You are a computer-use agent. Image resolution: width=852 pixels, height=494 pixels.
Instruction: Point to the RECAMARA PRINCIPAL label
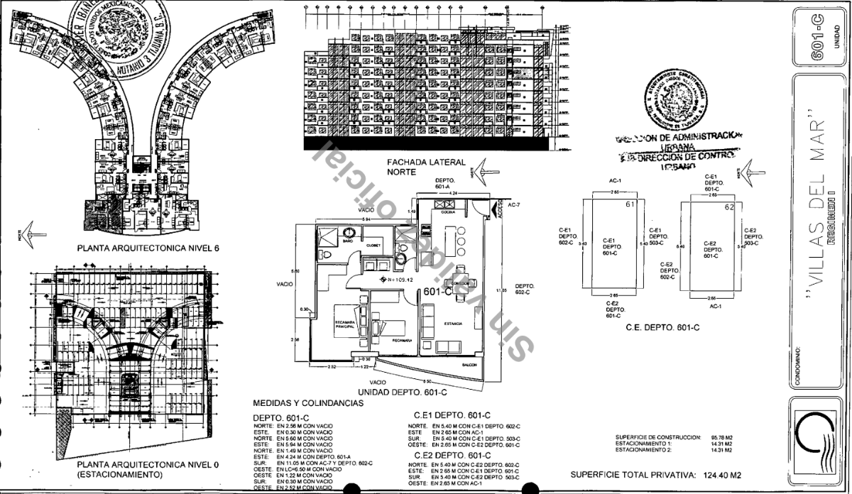pos(346,324)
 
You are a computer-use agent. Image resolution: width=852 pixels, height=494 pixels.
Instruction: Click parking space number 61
pos(629,205)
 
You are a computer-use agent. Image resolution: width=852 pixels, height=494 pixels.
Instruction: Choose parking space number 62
pos(728,208)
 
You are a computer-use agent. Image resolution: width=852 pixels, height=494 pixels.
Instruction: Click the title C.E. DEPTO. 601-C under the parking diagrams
pos(662,327)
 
